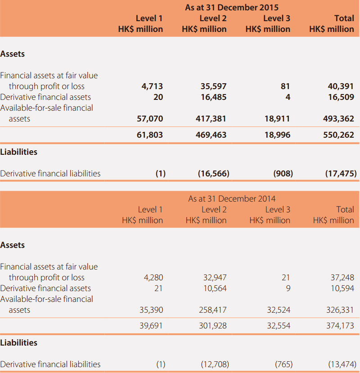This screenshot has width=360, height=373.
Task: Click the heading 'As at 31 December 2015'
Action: [232, 7]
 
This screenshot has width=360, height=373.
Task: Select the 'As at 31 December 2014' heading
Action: [232, 198]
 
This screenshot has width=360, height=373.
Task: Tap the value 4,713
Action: [152, 86]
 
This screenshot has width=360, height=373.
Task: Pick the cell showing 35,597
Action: [213, 86]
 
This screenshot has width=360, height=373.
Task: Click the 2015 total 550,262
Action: [338, 135]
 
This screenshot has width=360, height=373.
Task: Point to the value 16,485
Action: [214, 97]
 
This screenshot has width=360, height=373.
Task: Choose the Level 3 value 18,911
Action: [278, 119]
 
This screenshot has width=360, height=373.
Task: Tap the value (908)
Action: [283, 173]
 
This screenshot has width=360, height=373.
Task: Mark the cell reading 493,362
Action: [338, 119]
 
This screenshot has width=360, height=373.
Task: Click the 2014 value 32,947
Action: [215, 277]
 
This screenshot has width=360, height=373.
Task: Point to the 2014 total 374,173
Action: [340, 326]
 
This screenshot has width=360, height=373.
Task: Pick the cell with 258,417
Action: [213, 310]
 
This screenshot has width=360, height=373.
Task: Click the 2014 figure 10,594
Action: [342, 288]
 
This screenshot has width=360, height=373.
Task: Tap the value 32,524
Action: [279, 310]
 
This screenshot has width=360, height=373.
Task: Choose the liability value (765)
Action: [284, 364]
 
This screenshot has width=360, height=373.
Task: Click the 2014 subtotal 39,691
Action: [151, 326]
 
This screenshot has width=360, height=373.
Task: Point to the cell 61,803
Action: [150, 135]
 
